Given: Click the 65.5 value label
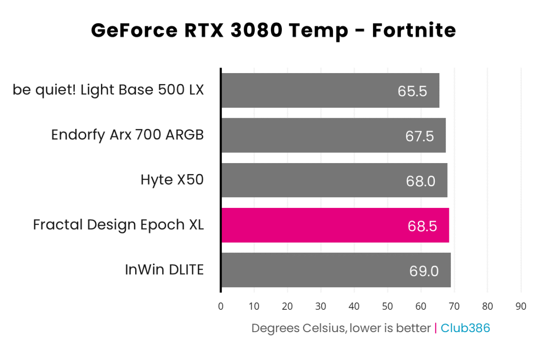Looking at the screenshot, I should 412,91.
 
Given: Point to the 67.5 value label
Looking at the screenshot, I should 419,136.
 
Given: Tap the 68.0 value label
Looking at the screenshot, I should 420,181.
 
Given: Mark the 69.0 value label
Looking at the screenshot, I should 424,271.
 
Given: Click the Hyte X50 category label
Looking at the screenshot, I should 172,180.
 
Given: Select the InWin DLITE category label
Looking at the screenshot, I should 164,270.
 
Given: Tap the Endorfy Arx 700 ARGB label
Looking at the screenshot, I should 127,135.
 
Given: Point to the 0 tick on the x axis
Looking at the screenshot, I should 221,306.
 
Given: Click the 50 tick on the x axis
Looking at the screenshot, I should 388,306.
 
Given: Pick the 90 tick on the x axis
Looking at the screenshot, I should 521,306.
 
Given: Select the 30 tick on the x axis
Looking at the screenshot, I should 321,306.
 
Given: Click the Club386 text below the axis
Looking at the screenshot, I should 465,328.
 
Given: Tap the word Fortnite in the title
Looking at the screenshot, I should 414,31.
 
